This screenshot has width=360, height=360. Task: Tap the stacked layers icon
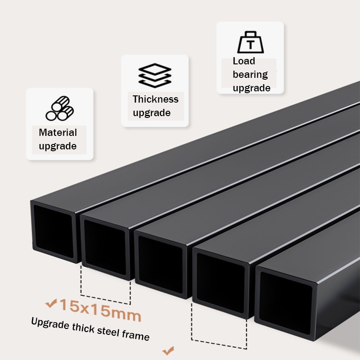155,76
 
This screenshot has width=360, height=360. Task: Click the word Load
244,61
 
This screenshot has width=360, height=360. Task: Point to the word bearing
250,75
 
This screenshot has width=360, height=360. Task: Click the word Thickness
156,99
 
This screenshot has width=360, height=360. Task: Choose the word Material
58,133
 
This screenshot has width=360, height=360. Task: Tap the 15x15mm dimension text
100,310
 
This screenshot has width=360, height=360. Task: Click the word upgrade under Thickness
152,113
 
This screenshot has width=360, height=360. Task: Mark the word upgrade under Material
58,146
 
